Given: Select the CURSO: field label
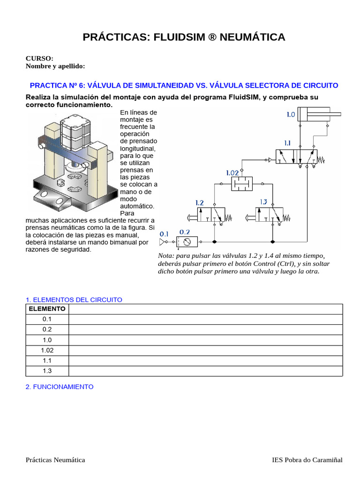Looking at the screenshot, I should [x=39, y=59].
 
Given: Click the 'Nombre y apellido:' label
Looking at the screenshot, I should [x=55, y=66].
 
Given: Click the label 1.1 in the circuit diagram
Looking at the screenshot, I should [x=287, y=143].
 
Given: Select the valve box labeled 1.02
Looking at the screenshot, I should [x=241, y=184].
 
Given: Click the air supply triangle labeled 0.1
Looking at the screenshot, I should [x=163, y=242].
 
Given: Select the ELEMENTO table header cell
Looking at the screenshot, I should [x=47, y=309].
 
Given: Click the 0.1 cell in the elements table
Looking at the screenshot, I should [x=47, y=319].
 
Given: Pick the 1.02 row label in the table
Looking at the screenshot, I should [x=47, y=350].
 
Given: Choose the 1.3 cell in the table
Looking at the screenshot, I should [x=47, y=371].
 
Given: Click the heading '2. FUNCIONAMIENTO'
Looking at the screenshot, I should [x=60, y=387].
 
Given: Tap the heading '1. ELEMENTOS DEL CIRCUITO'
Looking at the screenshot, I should [x=74, y=300].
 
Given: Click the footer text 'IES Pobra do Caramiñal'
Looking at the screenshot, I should [x=307, y=460].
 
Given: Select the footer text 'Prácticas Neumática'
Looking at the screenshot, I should [x=55, y=460].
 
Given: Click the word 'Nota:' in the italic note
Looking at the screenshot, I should [x=166, y=255].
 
